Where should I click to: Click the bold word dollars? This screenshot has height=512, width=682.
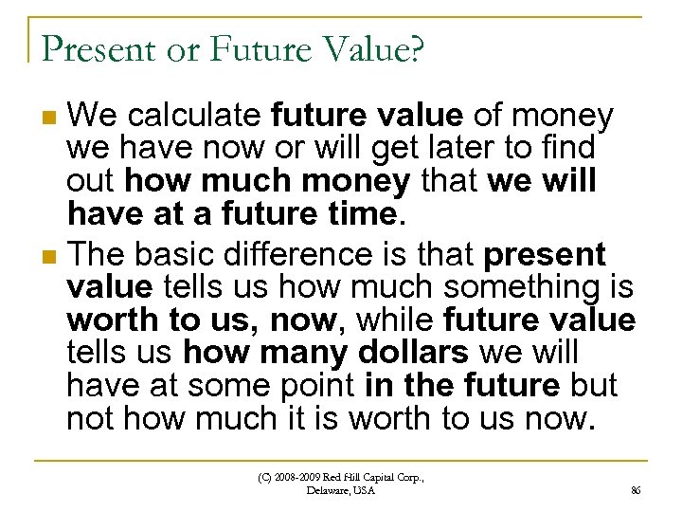pos(414,353)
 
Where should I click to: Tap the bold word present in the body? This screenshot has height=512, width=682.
pos(545,255)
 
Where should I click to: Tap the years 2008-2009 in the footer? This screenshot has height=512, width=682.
pos(296,478)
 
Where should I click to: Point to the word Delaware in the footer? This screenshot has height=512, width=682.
pos(328,491)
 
